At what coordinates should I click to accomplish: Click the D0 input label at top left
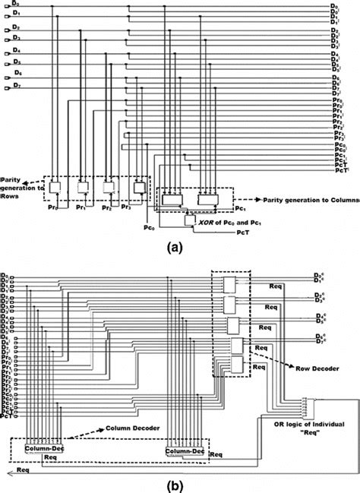[x=7, y=6]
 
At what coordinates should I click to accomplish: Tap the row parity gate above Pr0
[x=58, y=186]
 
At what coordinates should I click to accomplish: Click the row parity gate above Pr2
[x=111, y=186]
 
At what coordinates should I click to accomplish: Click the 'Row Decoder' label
[x=307, y=364]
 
